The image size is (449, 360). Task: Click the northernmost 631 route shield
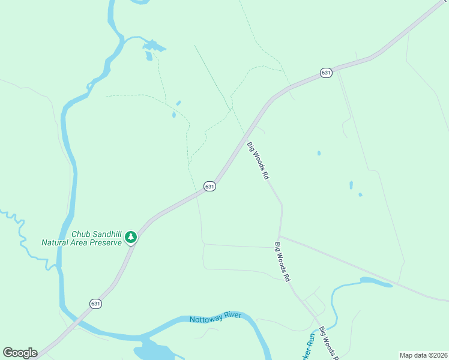click(x=326, y=73)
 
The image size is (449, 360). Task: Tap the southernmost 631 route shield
click(x=96, y=304)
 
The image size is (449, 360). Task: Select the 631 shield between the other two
click(x=209, y=187)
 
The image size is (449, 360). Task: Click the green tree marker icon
click(x=130, y=238)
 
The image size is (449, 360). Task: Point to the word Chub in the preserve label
click(x=81, y=234)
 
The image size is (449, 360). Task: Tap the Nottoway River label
click(x=215, y=317)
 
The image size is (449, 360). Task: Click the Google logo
click(x=20, y=353)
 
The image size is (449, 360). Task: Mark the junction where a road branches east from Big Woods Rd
click(x=279, y=236)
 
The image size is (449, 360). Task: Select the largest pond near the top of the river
click(x=154, y=45)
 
